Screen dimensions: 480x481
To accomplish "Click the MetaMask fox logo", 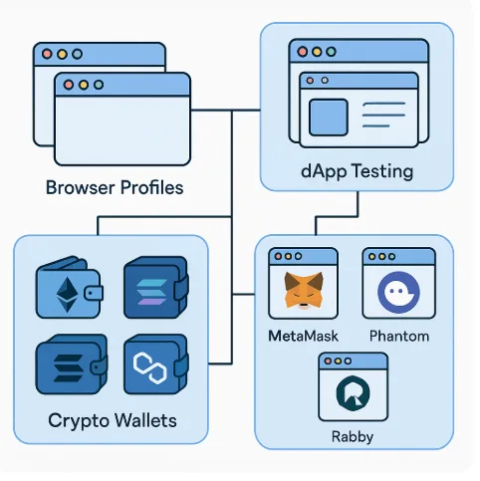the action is click(304, 290).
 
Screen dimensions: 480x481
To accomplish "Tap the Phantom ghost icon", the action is click(398, 293).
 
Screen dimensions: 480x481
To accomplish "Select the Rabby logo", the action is click(353, 393).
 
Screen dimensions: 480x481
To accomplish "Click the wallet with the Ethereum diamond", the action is click(69, 288).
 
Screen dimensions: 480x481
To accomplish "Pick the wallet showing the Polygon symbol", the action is click(156, 364).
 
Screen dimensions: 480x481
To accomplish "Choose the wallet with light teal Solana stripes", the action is click(156, 288).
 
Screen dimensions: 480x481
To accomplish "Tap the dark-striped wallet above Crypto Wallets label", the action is click(72, 364).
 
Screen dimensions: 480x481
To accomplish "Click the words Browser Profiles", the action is click(115, 187).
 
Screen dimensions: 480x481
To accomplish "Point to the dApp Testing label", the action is click(357, 172).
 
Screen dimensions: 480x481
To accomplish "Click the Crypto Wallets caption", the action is click(113, 421).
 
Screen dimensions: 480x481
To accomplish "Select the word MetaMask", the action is click(303, 336).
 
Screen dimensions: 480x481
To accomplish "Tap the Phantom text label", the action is click(399, 336).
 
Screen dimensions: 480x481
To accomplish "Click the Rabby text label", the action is click(353, 436).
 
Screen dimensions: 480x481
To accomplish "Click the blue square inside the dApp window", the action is click(329, 118).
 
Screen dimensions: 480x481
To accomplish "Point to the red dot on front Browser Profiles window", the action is click(69, 85).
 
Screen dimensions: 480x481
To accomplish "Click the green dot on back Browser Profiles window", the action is click(78, 54).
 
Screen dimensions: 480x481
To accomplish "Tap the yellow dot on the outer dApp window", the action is click(317, 52).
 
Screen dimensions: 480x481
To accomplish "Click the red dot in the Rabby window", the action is click(328, 361).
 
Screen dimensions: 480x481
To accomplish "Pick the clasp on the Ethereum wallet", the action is click(94, 293).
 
